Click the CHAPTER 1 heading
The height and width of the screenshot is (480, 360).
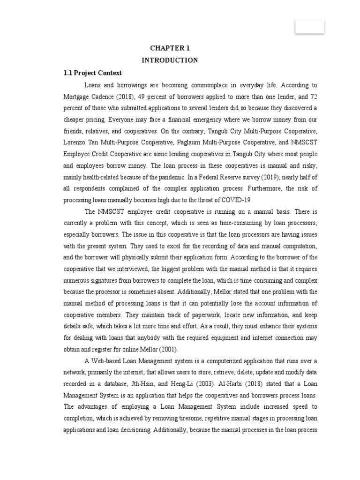point(170,48)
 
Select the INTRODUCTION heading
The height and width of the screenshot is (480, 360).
point(170,60)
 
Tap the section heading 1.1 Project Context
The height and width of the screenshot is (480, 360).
point(93,73)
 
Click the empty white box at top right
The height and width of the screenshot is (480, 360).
point(309,27)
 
